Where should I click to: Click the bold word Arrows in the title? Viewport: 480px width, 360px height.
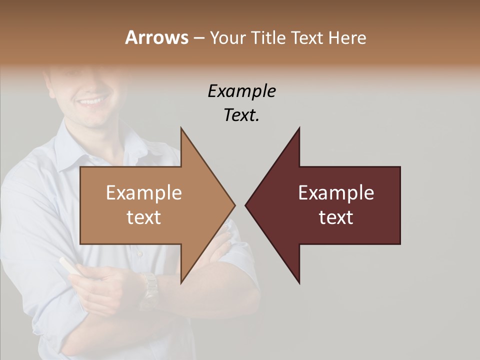[156, 37]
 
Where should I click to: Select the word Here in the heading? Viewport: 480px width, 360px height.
[347, 37]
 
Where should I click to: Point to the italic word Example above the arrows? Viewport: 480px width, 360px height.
[241, 91]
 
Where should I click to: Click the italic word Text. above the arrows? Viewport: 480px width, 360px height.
[241, 115]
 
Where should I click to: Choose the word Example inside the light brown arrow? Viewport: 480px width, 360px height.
[144, 192]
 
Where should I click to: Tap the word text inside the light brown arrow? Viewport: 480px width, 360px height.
[144, 217]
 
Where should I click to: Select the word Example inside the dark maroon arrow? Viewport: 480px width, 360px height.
[336, 192]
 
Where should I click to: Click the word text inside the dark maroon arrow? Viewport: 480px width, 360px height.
[336, 217]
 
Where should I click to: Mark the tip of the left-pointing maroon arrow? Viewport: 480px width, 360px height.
[246, 205]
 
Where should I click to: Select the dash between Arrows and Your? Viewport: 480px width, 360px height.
[198, 38]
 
